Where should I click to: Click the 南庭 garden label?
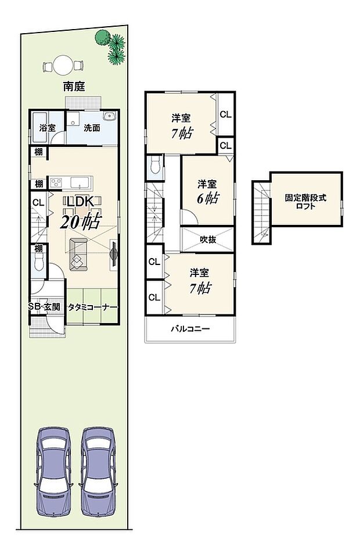point(74,87)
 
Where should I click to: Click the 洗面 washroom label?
point(92,127)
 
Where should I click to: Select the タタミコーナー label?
point(93,307)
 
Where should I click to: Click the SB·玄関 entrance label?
point(45,307)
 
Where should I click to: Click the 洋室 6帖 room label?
point(207,191)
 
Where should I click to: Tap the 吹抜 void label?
point(208,239)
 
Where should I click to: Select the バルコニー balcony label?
point(190,329)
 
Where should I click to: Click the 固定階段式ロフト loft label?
point(305,201)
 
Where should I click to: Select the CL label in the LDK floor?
point(38,203)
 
